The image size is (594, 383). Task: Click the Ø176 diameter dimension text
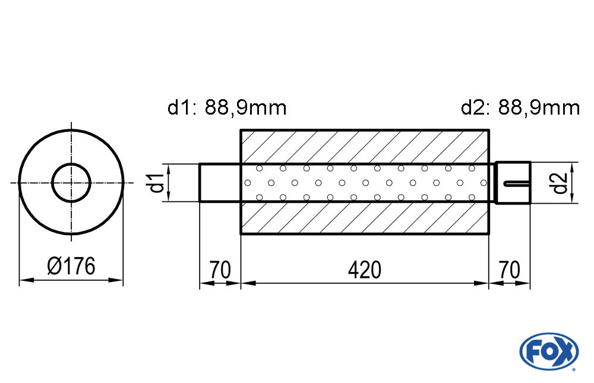pyautogui.click(x=71, y=266)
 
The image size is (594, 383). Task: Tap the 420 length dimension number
pyautogui.click(x=365, y=270)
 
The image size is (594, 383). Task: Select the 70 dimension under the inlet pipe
pyautogui.click(x=220, y=270)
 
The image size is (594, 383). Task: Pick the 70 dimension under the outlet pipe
pyautogui.click(x=510, y=270)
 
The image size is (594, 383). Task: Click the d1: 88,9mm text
pyautogui.click(x=227, y=107)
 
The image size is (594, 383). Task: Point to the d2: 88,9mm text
pyautogui.click(x=520, y=107)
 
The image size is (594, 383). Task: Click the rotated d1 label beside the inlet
pyautogui.click(x=156, y=182)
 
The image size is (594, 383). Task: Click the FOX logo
pyautogui.click(x=549, y=351)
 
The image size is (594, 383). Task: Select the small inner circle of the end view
pyautogui.click(x=71, y=183)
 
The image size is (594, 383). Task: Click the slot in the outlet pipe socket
pyautogui.click(x=517, y=184)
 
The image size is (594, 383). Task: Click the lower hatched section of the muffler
pyautogui.click(x=365, y=218)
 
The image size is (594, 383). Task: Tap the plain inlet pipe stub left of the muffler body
pyautogui.click(x=220, y=183)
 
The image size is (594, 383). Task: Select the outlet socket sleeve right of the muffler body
pyautogui.click(x=513, y=183)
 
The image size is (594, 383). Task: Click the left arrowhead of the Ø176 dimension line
pyautogui.click(x=27, y=280)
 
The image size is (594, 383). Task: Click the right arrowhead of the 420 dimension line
pyautogui.click(x=481, y=283)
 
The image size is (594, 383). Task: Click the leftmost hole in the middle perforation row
pyautogui.click(x=248, y=183)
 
